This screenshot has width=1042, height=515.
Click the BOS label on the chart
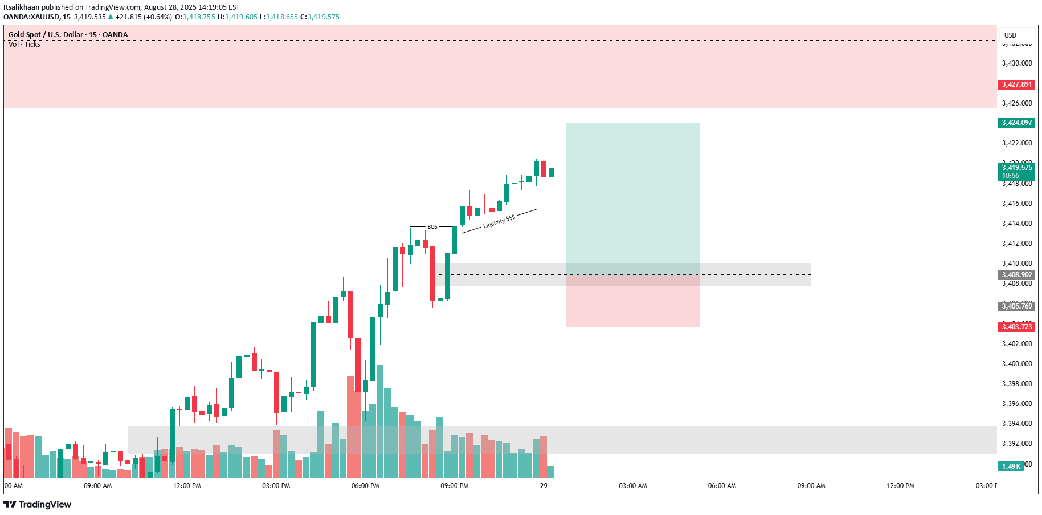tap(432, 227)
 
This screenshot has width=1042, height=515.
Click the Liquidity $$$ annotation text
tap(499, 222)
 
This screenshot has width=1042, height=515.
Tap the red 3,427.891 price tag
tap(1017, 84)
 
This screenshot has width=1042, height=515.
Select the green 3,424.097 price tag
tap(1017, 123)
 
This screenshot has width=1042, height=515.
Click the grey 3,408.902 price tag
tap(1017, 275)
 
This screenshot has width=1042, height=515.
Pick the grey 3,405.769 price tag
tap(1017, 306)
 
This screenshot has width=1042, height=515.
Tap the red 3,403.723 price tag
tap(1017, 327)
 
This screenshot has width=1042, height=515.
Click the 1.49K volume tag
tap(1011, 467)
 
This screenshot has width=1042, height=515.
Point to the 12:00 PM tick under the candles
tap(187, 486)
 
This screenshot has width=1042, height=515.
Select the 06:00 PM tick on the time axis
tap(365, 486)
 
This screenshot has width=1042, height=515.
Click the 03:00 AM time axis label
tap(633, 486)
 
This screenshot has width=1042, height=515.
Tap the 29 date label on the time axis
tap(544, 486)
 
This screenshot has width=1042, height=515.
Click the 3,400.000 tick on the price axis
tap(1017, 364)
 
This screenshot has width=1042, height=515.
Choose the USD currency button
tap(1010, 35)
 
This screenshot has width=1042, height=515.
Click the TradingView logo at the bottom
tap(38, 504)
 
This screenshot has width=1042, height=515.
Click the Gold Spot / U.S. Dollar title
tap(45, 35)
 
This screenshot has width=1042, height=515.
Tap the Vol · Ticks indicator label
tap(24, 44)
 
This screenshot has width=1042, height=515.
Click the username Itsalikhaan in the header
tap(22, 7)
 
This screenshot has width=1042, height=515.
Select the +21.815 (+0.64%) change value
tap(144, 17)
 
